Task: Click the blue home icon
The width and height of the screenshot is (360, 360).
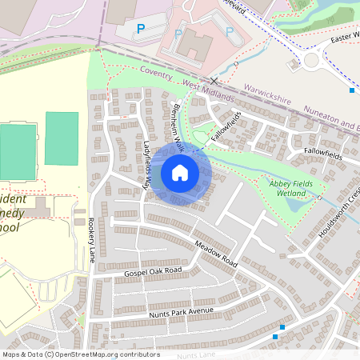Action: click(x=180, y=173)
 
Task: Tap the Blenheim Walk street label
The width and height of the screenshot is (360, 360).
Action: click(x=178, y=126)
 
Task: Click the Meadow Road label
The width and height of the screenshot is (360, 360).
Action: click(x=216, y=254)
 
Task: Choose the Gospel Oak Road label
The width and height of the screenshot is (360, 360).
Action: click(x=153, y=273)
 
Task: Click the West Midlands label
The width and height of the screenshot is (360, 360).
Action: click(x=210, y=90)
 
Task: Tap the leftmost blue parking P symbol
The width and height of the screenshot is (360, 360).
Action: click(x=141, y=29)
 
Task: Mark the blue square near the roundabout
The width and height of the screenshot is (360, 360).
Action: click(x=352, y=90)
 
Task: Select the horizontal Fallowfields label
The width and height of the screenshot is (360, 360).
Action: click(x=324, y=153)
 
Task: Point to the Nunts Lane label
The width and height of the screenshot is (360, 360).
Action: click(x=197, y=354)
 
